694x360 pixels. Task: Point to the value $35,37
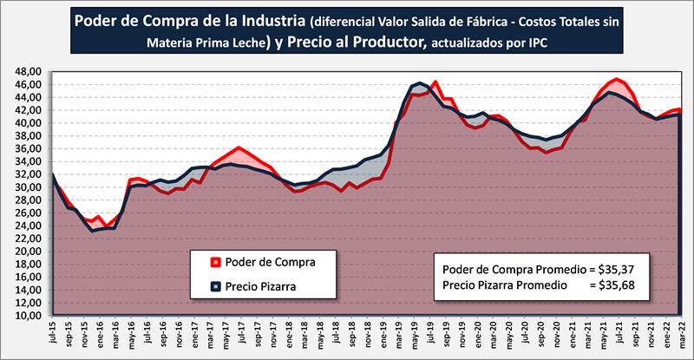coord(616,268)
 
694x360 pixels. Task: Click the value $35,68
coord(616,284)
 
